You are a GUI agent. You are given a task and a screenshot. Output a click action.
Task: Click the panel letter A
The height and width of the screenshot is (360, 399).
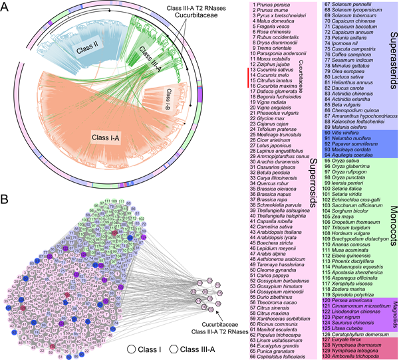point(7,9)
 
